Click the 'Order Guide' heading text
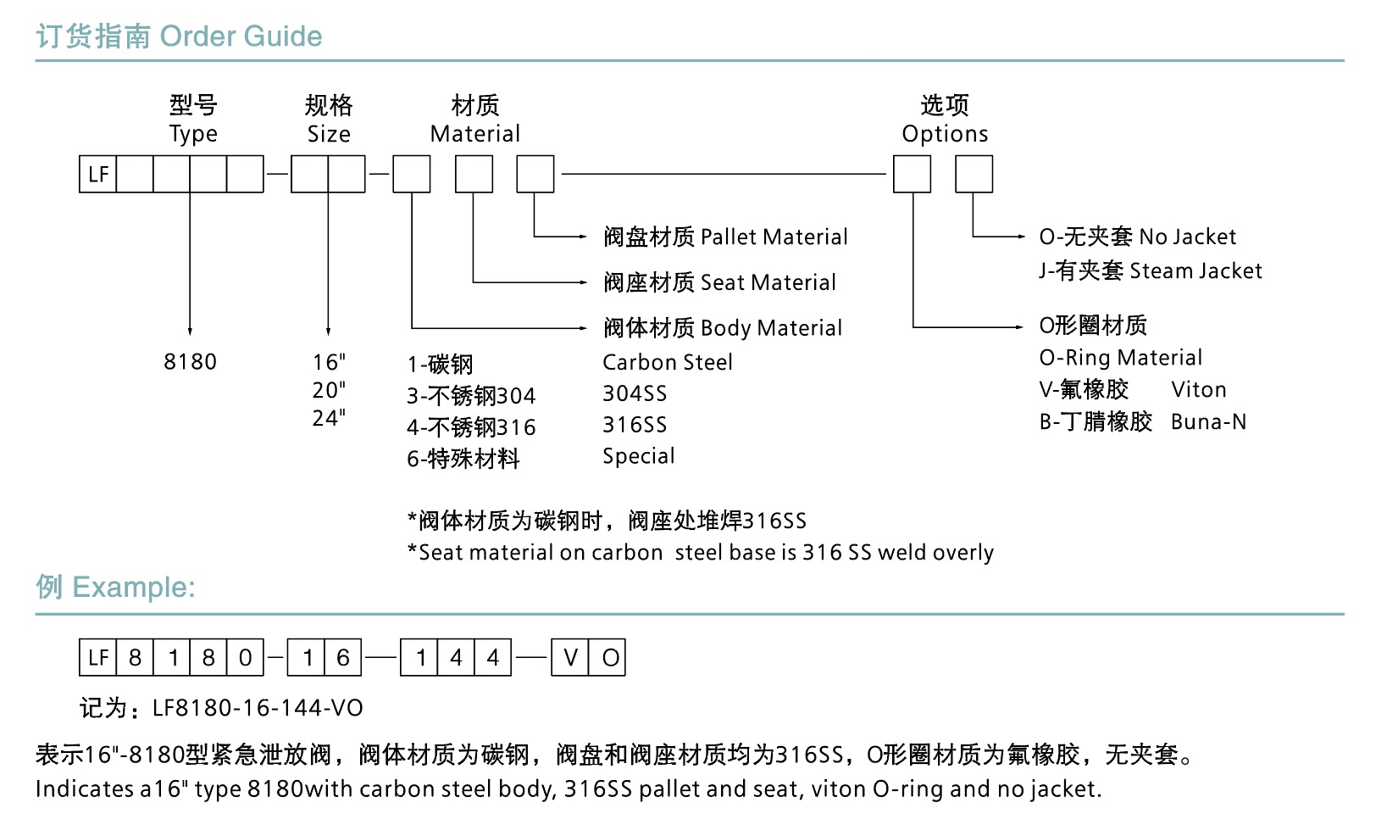coord(241,36)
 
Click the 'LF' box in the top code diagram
coord(98,175)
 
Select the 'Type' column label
coord(193,134)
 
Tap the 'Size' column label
coord(329,134)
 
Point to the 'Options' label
coord(945,134)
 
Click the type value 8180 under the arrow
coord(190,362)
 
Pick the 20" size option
coord(329,390)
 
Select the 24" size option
coord(329,418)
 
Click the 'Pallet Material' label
coord(774,237)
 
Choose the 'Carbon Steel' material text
coord(668,362)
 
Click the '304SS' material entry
coord(635,393)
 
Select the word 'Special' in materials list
coord(639,456)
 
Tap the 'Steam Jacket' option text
coord(1196,270)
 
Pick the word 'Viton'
coord(1199,389)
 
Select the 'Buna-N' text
coord(1208,421)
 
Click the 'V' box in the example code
coord(570,658)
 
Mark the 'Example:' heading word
coord(134,587)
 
